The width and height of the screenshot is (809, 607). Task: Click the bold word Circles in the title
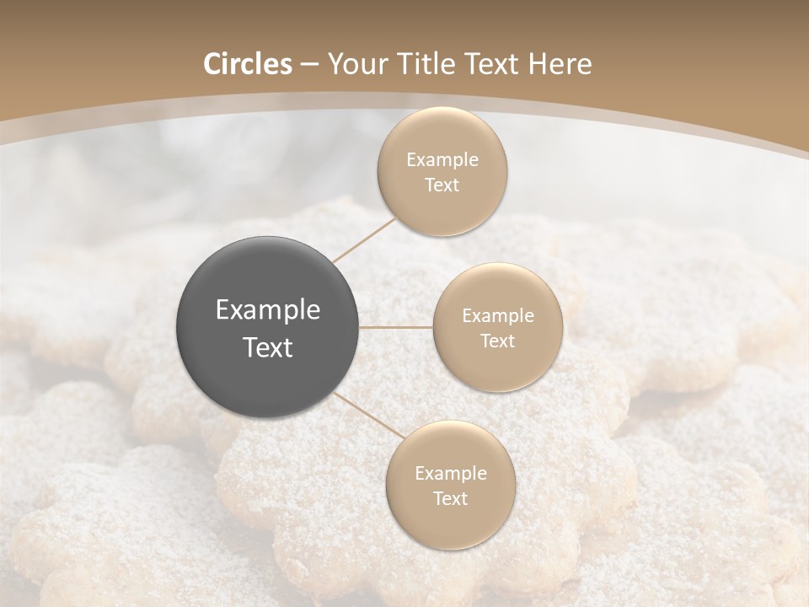click(248, 64)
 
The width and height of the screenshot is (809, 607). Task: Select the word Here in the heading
click(559, 64)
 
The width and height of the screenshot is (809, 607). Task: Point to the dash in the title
click(309, 65)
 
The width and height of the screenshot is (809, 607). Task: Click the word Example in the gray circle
click(268, 310)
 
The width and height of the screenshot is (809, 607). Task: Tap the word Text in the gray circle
click(268, 347)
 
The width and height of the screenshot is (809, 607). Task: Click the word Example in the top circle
click(442, 160)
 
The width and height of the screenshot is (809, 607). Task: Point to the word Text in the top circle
click(442, 185)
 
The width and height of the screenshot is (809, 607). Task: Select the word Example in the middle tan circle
click(497, 316)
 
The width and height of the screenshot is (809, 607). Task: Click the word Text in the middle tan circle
click(497, 341)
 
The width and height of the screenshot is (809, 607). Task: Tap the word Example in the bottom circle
click(450, 473)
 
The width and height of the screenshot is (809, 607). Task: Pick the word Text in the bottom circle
click(450, 498)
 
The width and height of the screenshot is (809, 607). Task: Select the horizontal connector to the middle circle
click(396, 327)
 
